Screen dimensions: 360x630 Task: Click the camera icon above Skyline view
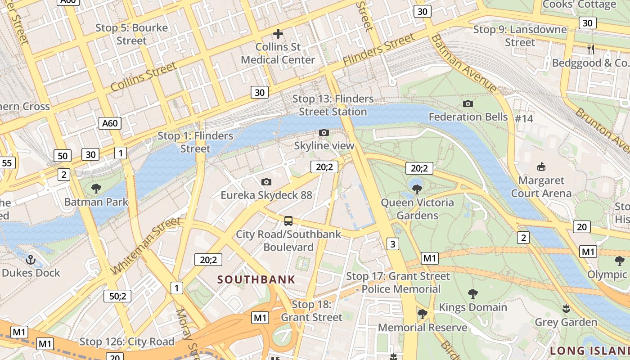(324, 132)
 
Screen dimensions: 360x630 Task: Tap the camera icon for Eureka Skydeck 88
(266, 182)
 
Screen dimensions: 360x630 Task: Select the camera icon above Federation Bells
(468, 103)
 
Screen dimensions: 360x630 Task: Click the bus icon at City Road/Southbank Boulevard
(288, 221)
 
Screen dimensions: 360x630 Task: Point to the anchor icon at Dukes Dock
(31, 259)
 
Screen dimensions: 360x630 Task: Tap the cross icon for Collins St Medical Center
(278, 33)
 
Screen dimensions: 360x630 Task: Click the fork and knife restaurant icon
(591, 49)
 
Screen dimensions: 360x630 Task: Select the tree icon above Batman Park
(96, 189)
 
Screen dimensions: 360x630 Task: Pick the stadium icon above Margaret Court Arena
(541, 167)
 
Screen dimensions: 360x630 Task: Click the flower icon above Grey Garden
(566, 309)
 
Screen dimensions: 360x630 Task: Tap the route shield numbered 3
(393, 244)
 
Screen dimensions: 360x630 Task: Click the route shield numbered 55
(7, 162)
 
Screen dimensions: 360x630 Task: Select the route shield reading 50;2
(117, 296)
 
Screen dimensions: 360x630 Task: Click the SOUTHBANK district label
(256, 279)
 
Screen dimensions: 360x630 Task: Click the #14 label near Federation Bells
(524, 118)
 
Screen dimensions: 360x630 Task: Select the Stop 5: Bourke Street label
(131, 34)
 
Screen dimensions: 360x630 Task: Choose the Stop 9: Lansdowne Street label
(520, 36)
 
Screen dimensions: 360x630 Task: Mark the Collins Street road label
(144, 77)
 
